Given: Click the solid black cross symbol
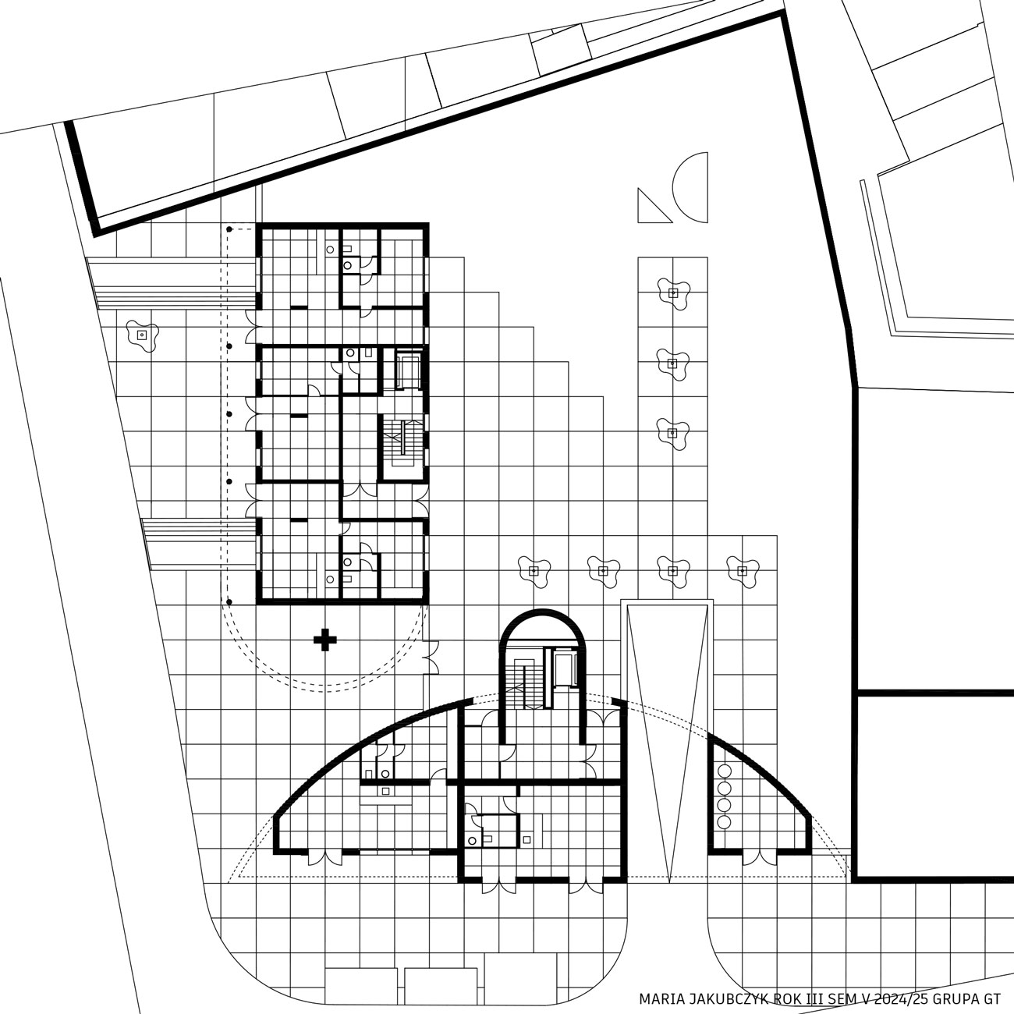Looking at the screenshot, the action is pos(325,640).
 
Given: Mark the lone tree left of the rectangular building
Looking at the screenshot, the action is pos(142,335).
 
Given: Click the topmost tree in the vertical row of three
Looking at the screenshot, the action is pos(673,293).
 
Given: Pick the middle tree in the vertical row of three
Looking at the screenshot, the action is pos(673,363).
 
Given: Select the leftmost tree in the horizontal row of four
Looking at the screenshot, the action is pos(534,571).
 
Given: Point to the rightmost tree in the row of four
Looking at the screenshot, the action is pos(743,571).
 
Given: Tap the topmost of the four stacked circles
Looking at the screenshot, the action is pos(725,771).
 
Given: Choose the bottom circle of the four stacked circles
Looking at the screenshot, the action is pos(725,822).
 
